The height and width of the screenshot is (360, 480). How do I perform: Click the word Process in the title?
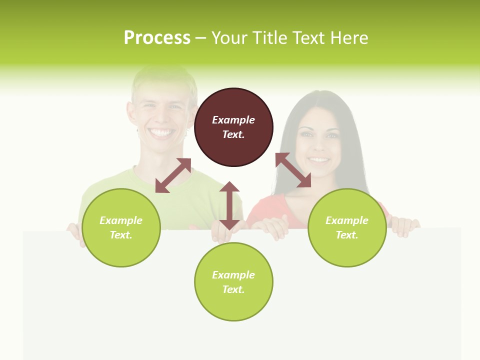[x=157, y=38]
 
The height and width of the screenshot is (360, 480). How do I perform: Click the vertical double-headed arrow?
[x=229, y=205]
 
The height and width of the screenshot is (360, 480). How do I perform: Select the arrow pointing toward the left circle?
[x=173, y=175]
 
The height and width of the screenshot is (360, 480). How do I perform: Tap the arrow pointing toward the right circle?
[x=293, y=170]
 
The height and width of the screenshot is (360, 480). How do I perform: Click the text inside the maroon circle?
[x=233, y=127]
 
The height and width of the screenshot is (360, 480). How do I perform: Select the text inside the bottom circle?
[x=233, y=282]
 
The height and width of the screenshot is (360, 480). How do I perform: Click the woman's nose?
[x=319, y=147]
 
